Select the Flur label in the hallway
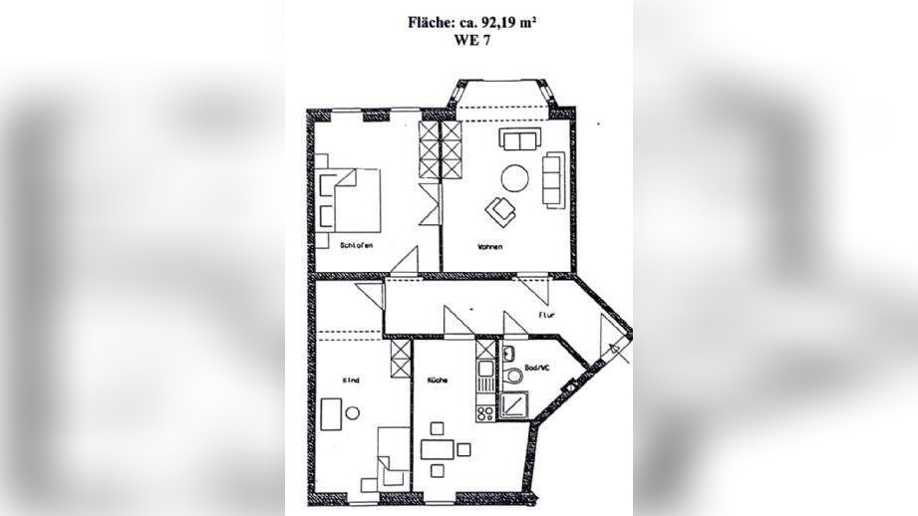point(545,315)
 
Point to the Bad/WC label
point(535,368)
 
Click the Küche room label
point(436,381)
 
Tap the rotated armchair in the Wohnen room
point(500,209)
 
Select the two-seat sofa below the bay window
point(520,139)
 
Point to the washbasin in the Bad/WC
point(508,353)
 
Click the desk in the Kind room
point(333,411)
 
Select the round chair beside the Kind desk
point(352,411)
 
